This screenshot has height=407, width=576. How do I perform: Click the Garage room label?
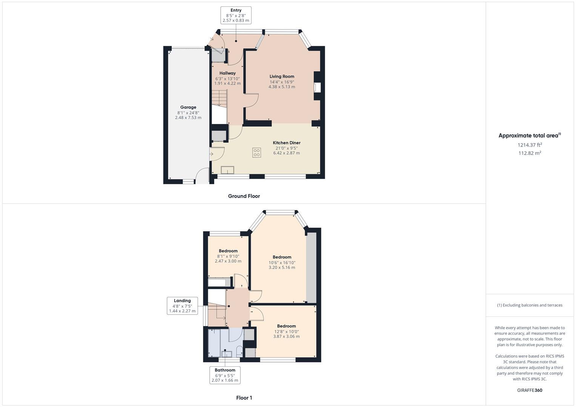(188, 107)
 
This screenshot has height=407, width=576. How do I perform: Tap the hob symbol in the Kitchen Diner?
(257, 153)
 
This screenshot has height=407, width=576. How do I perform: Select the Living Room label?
(282, 77)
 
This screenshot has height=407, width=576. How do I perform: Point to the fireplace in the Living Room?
(317, 87)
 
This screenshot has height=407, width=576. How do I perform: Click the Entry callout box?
(236, 15)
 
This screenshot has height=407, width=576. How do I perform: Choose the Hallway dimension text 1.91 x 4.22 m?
(227, 84)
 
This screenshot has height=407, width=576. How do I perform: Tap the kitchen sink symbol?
(227, 170)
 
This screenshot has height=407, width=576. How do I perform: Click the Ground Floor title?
(244, 196)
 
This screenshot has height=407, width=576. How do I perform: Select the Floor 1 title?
(244, 398)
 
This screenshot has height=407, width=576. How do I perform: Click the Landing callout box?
(182, 306)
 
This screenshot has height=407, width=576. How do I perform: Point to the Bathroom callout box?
(225, 375)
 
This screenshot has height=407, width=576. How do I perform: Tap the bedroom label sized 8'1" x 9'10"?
(228, 251)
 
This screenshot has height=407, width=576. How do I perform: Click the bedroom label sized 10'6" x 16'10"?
(282, 257)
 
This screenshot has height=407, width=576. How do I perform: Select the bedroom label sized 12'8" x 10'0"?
(286, 326)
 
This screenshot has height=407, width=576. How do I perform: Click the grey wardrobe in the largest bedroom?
(311, 268)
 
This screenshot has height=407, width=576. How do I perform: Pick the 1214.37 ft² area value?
(530, 145)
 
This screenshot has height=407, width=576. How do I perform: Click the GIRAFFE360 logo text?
(530, 390)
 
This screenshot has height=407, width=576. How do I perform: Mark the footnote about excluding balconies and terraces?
(530, 305)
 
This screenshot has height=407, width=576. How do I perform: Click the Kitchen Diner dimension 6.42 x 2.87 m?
(286, 153)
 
